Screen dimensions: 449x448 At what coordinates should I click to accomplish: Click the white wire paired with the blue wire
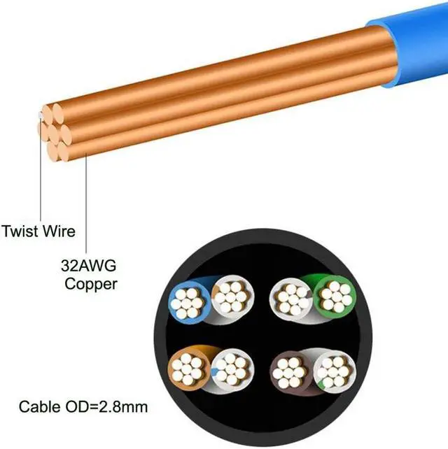pos(229,297)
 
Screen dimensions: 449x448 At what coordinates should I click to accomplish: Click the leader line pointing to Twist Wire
pos(41,175)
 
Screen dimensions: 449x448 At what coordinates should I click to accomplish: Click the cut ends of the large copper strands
pos(53,128)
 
